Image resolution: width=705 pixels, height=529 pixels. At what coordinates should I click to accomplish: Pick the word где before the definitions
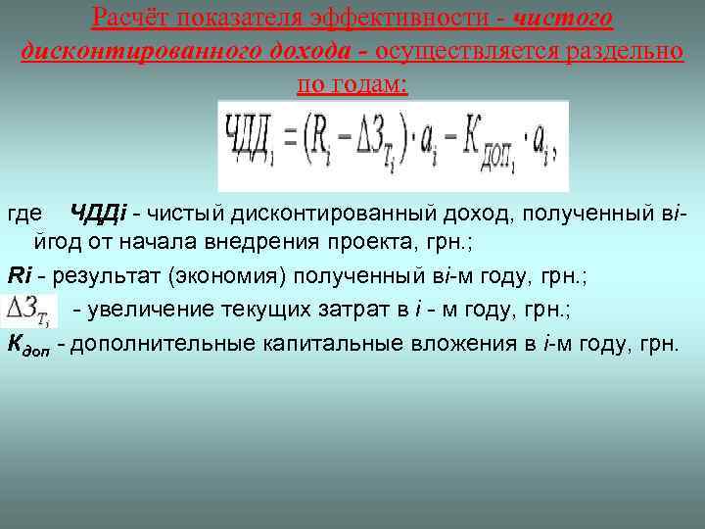24,214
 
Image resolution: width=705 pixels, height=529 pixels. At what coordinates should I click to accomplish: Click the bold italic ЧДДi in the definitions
97,214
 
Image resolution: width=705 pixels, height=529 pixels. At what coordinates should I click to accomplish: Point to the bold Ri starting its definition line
20,275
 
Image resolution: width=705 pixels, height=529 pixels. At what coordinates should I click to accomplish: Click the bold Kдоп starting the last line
28,345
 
